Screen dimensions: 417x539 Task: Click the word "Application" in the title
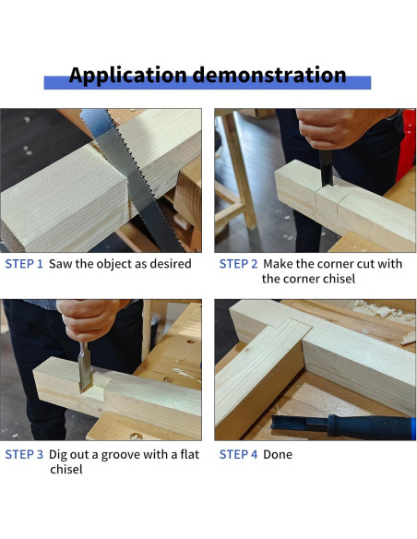(x=128, y=76)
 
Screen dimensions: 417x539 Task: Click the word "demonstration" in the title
(x=269, y=75)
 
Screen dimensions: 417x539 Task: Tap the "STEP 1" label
(x=24, y=264)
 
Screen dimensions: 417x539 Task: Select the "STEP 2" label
(x=238, y=264)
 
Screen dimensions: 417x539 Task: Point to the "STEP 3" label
(x=24, y=454)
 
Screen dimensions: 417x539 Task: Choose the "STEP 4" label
(x=238, y=454)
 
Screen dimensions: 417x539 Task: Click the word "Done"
(x=278, y=454)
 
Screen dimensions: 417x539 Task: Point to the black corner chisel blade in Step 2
(x=326, y=168)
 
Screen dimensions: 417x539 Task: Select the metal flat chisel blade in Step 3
(x=85, y=367)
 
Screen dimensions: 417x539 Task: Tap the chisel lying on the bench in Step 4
(x=341, y=426)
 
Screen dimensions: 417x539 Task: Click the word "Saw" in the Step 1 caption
(x=61, y=264)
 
